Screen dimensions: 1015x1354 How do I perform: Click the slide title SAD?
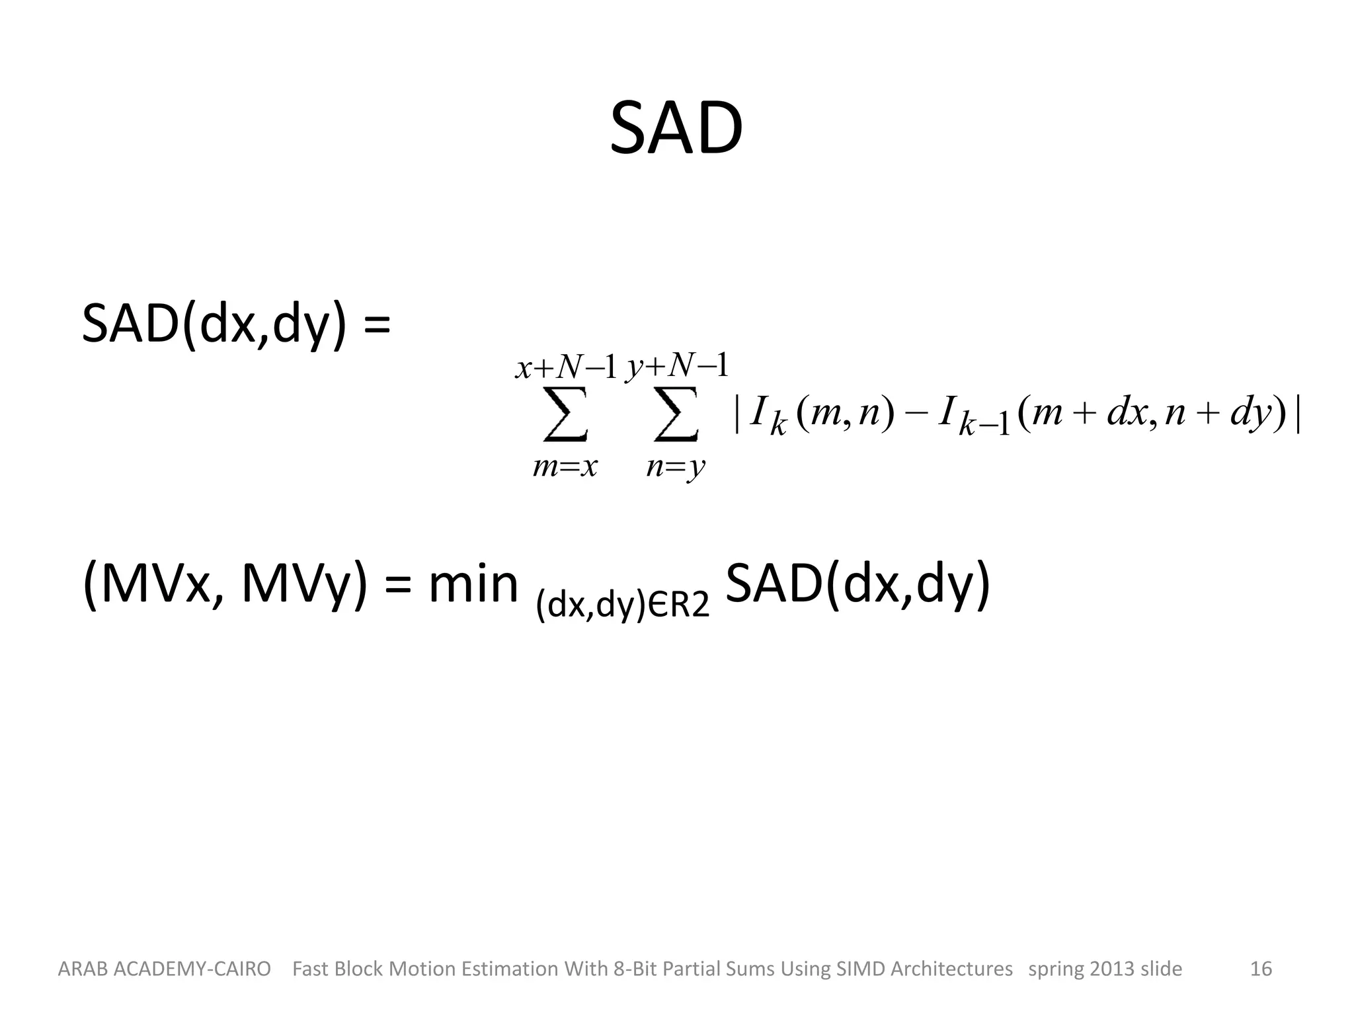click(x=676, y=128)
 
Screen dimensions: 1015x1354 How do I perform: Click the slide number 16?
click(x=1261, y=969)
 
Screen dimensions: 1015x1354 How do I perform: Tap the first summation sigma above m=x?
click(x=566, y=414)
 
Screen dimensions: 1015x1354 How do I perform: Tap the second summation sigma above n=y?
click(x=676, y=414)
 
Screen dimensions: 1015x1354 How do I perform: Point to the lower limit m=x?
click(x=565, y=467)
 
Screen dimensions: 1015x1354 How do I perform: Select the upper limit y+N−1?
click(x=677, y=365)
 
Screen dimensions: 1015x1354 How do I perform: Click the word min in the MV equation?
click(x=473, y=584)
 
